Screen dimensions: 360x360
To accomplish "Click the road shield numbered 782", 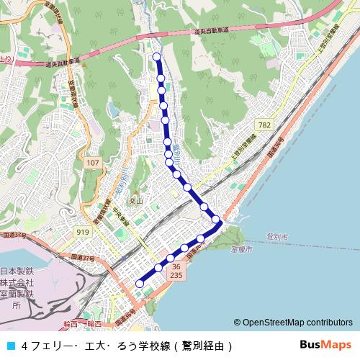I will click(266, 125).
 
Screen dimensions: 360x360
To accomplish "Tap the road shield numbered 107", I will click(91, 164).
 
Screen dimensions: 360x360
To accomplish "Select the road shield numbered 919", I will click(84, 232).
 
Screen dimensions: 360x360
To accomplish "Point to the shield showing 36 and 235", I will click(176, 270).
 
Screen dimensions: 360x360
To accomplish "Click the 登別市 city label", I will click(276, 236).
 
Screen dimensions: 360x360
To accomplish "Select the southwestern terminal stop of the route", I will click(140, 284).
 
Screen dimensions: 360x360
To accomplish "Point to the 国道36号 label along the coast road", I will click(276, 143).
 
